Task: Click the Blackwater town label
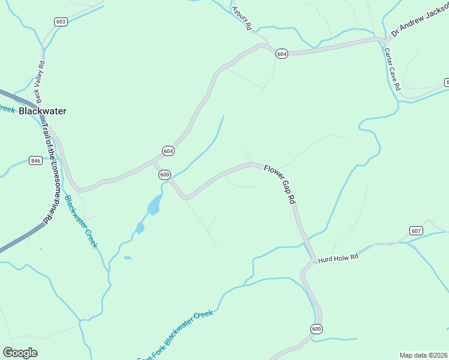tap(42, 111)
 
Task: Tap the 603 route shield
tap(60, 22)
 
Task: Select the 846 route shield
tap(35, 160)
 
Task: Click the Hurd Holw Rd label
tap(338, 258)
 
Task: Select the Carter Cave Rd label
tap(392, 70)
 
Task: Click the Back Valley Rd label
tap(40, 82)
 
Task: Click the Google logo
tap(20, 353)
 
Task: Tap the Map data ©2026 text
tap(423, 355)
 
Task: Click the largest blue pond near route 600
tap(154, 205)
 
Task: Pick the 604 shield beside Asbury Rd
tap(282, 54)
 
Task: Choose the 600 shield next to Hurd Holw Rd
tap(317, 328)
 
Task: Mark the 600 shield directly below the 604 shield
tap(165, 175)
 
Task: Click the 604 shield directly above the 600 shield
tap(168, 151)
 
